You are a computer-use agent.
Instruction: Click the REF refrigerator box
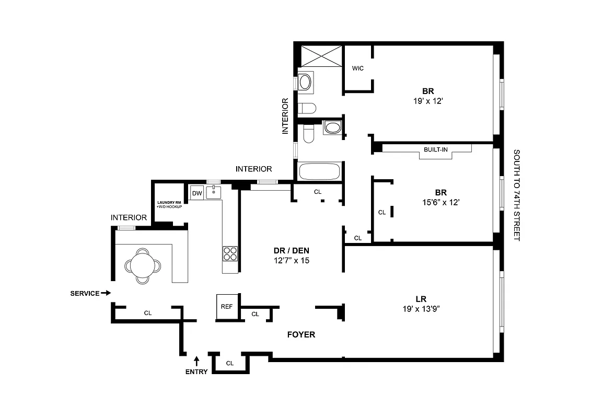[x=226, y=306]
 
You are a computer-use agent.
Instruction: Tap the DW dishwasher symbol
[x=197, y=193]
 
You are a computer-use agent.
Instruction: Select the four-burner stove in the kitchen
[x=230, y=253]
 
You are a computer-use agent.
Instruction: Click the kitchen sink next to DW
[x=214, y=192]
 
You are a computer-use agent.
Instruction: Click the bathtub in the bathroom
[x=319, y=172]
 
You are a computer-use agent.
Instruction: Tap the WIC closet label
[x=357, y=68]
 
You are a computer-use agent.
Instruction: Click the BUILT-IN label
[x=435, y=149]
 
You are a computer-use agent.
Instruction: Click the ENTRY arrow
[x=197, y=360]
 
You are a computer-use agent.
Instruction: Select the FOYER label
[x=301, y=334]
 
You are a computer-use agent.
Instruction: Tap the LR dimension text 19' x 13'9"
[x=421, y=308]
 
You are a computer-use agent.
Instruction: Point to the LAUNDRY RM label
[x=169, y=202]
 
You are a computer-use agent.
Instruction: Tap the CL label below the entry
[x=229, y=363]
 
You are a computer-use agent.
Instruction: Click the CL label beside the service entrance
[x=148, y=313]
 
